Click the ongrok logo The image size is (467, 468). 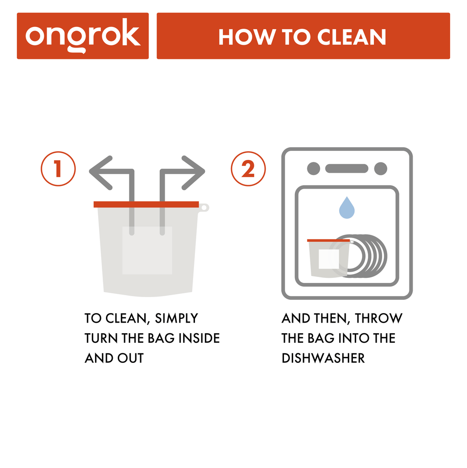[83, 36]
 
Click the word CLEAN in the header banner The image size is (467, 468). [352, 37]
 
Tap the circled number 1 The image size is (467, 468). [58, 169]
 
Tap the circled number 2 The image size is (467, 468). [248, 169]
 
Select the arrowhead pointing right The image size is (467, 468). [194, 172]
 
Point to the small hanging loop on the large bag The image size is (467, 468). [204, 207]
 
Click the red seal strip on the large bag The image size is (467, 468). [146, 204]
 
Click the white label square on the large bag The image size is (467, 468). [147, 250]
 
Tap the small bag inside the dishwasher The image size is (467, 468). [328, 259]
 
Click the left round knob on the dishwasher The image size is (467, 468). [314, 168]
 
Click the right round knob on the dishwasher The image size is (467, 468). [380, 168]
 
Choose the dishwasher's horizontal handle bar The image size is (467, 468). [346, 168]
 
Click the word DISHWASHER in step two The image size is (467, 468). [323, 358]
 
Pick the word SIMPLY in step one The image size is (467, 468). [177, 318]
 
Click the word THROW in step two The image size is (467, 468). [378, 318]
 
